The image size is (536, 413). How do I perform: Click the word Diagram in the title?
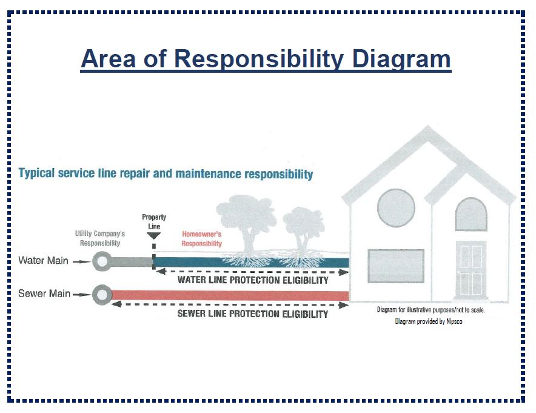coord(401,59)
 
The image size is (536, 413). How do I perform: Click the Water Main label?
coord(44,261)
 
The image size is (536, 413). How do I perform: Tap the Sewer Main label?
coord(44,294)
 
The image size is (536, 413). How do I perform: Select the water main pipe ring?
coord(102,261)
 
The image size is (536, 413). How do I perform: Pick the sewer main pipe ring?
coord(102,295)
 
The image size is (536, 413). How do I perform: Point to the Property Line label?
coord(154,221)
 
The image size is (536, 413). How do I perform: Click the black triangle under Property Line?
coord(153,235)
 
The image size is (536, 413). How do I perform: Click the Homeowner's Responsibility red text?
coord(202,238)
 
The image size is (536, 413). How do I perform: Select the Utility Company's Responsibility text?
coord(100,238)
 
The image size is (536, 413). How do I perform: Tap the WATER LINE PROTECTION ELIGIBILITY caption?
coord(253,280)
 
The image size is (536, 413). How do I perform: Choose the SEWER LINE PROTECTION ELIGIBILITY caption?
coord(253,314)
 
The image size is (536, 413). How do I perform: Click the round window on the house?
coord(396,208)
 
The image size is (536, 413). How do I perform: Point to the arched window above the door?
coord(471,214)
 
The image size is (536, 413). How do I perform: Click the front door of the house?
coord(471,269)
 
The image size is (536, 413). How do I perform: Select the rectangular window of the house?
coord(396,266)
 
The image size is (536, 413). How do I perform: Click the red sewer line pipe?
coord(230,295)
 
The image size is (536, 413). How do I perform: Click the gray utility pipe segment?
coord(132,262)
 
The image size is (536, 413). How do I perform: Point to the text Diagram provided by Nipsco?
coord(429,321)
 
